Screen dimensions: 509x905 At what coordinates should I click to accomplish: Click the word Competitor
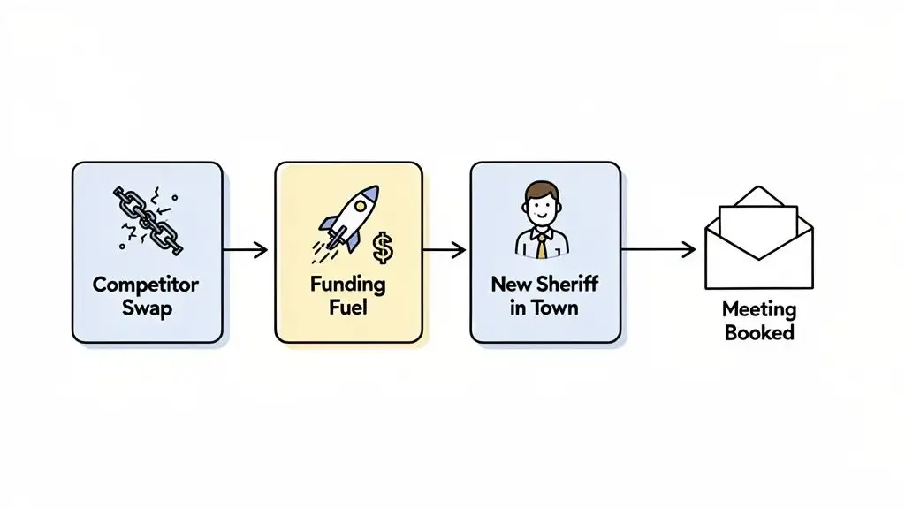[146, 285]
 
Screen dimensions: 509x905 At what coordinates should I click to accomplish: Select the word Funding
[348, 285]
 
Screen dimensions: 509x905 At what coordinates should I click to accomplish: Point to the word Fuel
[348, 308]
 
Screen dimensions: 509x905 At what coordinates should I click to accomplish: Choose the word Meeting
[759, 310]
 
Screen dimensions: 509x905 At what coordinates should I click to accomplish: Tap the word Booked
[759, 333]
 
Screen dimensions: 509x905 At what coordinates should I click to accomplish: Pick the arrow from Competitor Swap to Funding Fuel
[245, 251]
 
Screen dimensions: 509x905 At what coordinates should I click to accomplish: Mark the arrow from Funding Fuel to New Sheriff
[445, 251]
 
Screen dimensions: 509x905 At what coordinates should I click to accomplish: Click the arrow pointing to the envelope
[658, 251]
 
